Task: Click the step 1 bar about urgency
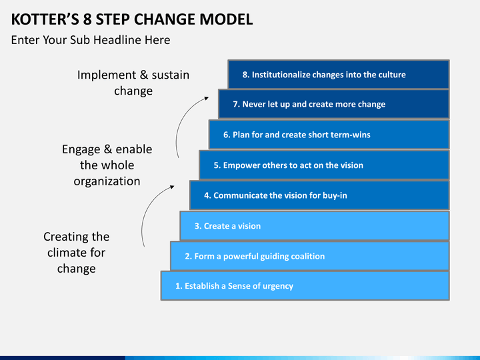coord(304,286)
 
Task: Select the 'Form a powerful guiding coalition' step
coord(309,256)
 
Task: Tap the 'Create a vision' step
coord(314,226)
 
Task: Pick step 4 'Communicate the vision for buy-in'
coord(319,195)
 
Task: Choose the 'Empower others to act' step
coord(323,165)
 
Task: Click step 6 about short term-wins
coord(329,135)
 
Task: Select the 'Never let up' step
coord(333,105)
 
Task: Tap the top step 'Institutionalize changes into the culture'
coord(338,75)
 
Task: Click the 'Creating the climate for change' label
coord(76,253)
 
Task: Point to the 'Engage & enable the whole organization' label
coord(107,165)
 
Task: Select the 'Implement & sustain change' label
coord(133,83)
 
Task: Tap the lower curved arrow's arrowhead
coord(171,188)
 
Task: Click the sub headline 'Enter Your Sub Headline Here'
coord(91,40)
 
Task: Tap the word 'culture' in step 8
coord(390,75)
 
